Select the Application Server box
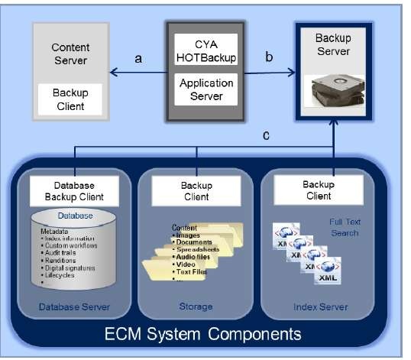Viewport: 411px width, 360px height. point(205,89)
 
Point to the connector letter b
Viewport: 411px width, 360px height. point(268,57)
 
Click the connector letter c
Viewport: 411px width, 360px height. point(265,135)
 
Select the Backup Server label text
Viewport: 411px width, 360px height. point(333,45)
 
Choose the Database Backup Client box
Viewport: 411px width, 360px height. point(75,190)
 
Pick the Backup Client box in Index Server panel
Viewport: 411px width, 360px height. point(319,190)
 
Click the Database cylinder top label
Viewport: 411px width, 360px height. point(74,216)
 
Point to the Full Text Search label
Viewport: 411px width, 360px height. point(343,227)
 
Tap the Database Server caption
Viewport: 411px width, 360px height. point(74,307)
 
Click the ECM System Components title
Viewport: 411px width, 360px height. point(203,334)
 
